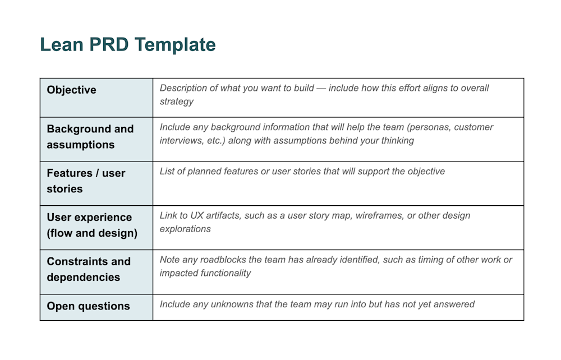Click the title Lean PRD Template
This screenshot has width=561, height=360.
coord(128,45)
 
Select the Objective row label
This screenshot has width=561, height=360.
coord(71,90)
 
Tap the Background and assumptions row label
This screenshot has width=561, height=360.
coord(90,137)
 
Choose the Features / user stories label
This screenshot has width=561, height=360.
coord(86,181)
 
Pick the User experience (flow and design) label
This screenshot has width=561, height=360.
coord(92,225)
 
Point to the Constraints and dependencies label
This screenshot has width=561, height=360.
coord(89,269)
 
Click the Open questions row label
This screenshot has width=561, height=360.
coord(88,306)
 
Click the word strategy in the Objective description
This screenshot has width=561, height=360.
coord(177,101)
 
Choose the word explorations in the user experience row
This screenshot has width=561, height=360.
coord(185,229)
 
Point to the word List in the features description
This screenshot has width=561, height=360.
coord(168,171)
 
